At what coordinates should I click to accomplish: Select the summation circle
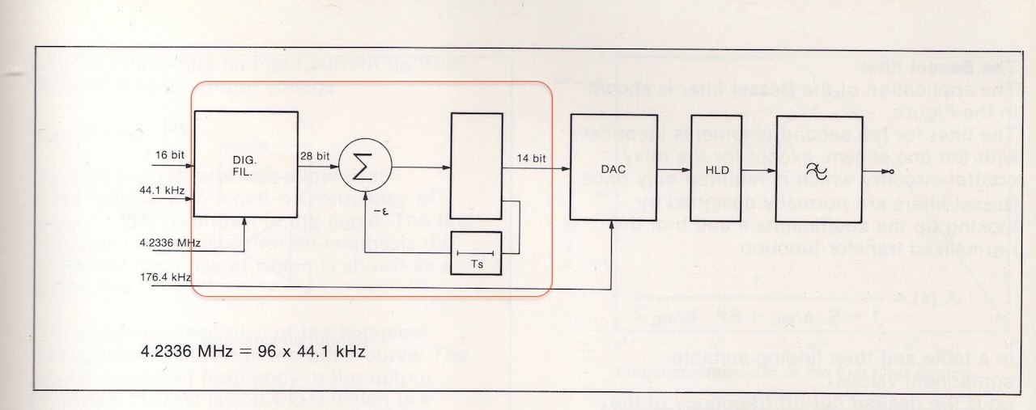364,168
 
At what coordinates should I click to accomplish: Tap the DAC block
609,167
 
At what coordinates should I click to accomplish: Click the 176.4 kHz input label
164,277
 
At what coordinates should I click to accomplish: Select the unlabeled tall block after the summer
476,166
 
